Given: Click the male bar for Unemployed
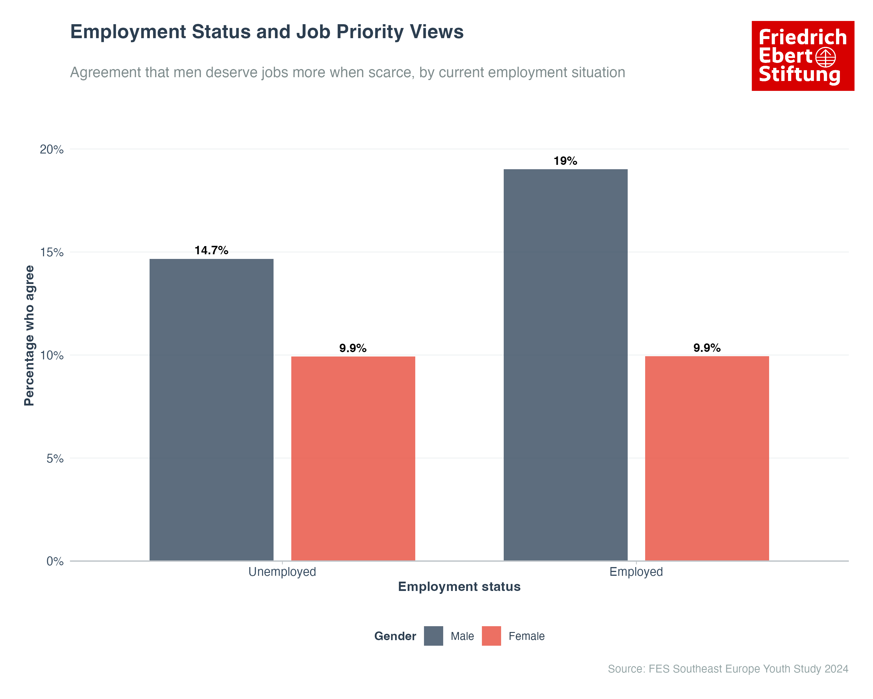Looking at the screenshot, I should tap(211, 409).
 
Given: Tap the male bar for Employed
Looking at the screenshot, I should tap(565, 365).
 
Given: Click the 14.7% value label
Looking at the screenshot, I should tap(211, 250).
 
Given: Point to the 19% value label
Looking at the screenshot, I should tap(565, 161).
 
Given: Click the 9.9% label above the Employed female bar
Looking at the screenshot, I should tap(707, 348).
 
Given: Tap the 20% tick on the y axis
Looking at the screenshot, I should tap(52, 149).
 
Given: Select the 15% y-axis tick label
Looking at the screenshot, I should tap(52, 253).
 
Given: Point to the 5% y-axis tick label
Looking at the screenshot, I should tap(55, 458).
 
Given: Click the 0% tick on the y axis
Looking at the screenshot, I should tap(55, 561).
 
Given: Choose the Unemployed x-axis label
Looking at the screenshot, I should tap(282, 572).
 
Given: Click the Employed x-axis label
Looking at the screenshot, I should tap(636, 572).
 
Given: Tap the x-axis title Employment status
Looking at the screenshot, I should tap(459, 587).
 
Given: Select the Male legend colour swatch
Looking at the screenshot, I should tap(433, 636).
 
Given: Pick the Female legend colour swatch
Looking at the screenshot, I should tap(491, 636).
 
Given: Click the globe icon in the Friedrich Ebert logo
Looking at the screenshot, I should tap(825, 57).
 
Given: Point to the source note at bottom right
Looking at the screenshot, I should tap(727, 669).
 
